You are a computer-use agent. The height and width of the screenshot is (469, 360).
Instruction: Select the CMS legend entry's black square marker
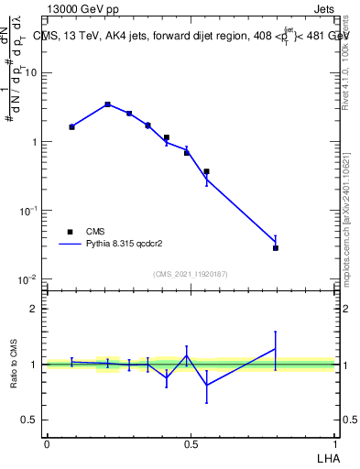click(70, 232)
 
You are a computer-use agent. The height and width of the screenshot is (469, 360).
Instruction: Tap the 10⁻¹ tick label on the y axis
click(28, 210)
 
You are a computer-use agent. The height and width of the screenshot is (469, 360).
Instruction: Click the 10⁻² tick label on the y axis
click(28, 278)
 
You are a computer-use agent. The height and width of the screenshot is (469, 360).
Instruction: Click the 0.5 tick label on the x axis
click(191, 442)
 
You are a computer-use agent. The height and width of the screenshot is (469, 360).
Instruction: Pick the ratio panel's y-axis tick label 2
click(34, 309)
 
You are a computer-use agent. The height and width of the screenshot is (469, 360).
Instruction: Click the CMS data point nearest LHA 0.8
click(276, 248)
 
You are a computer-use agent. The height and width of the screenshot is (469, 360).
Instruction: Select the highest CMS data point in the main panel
click(108, 104)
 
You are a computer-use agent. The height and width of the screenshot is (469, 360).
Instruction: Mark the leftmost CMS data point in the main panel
click(71, 126)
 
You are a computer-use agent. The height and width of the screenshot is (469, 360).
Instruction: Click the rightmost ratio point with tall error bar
click(276, 348)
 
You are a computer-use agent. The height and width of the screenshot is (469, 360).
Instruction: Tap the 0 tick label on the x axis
click(47, 442)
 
